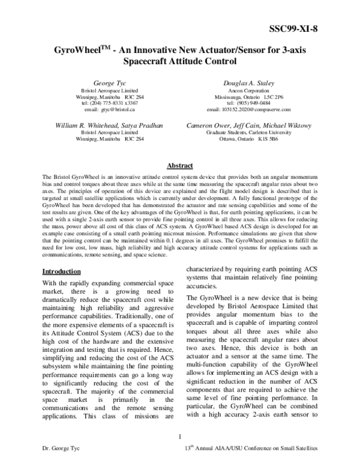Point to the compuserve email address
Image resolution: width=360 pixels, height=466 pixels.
tap(248, 110)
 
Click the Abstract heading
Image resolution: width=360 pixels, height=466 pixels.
tap(179, 166)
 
